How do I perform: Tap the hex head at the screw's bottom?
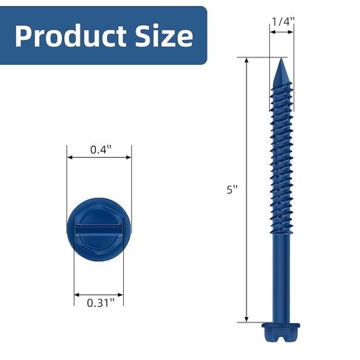point(281,335)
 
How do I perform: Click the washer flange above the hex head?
point(281,324)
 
